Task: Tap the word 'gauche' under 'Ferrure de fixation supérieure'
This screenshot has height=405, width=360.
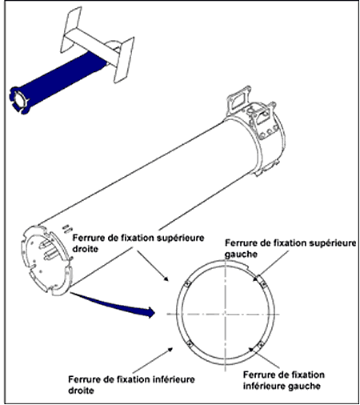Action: click(x=241, y=254)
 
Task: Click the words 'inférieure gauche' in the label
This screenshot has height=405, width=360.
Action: click(x=282, y=386)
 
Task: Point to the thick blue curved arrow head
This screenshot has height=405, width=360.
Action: click(x=150, y=312)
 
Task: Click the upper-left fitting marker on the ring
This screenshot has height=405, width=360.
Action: click(x=188, y=284)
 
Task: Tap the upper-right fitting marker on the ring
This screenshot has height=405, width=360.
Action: click(x=264, y=284)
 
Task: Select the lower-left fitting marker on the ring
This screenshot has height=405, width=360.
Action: click(x=189, y=344)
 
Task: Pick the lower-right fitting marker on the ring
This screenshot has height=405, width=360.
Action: click(x=261, y=344)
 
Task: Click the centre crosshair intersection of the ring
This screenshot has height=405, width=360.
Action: click(x=226, y=314)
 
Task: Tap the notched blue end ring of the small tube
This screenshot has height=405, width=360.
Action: click(x=18, y=100)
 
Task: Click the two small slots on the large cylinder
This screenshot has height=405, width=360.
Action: click(x=67, y=229)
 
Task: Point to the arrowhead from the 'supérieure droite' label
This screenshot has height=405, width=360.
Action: click(x=166, y=279)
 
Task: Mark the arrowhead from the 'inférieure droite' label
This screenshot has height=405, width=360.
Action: click(x=170, y=349)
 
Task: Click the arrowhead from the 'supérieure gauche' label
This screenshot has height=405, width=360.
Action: click(x=256, y=279)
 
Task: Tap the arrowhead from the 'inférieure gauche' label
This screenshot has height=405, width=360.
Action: click(x=251, y=350)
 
